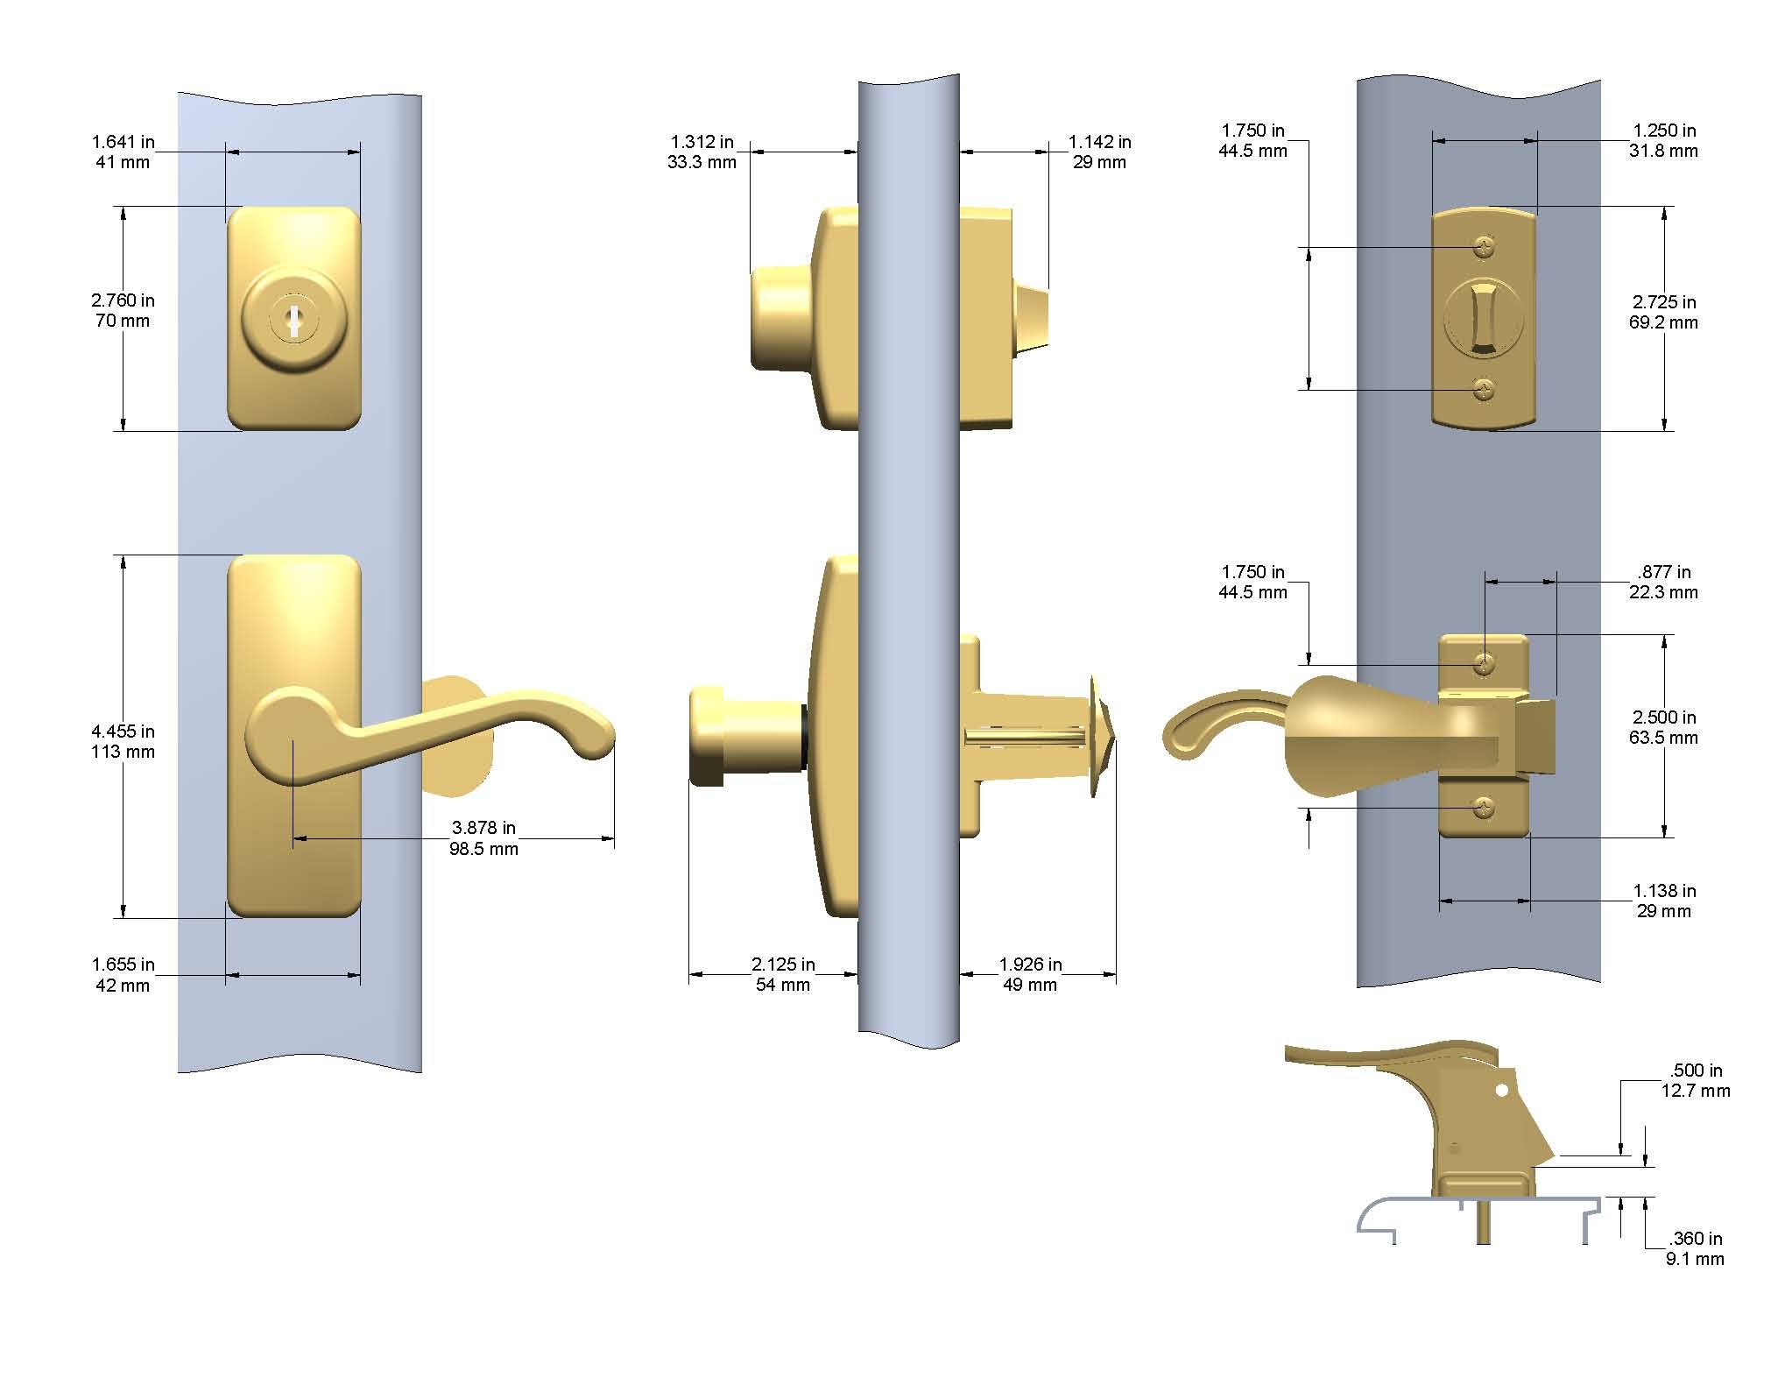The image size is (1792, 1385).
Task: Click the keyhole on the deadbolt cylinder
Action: click(x=294, y=324)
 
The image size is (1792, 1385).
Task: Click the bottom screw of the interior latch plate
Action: click(x=1484, y=808)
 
